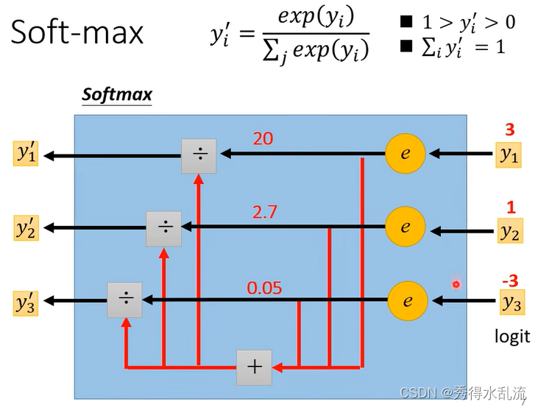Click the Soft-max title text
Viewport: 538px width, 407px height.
point(77,34)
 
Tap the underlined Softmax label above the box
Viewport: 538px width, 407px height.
point(116,95)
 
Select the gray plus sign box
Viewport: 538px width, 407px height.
point(254,367)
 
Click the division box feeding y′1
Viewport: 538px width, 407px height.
point(199,155)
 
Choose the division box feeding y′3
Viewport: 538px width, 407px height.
point(125,300)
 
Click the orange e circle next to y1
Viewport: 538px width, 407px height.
point(406,155)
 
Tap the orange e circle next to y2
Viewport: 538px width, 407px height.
point(406,227)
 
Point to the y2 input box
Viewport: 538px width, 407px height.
point(509,230)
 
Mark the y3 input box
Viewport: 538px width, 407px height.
point(511,302)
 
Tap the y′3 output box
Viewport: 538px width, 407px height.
point(27,302)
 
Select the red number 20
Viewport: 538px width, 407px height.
point(263,138)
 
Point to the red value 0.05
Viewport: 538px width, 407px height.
point(264,288)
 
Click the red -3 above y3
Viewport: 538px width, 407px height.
point(509,280)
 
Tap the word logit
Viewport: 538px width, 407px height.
point(512,336)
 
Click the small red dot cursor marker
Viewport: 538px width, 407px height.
point(456,284)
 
